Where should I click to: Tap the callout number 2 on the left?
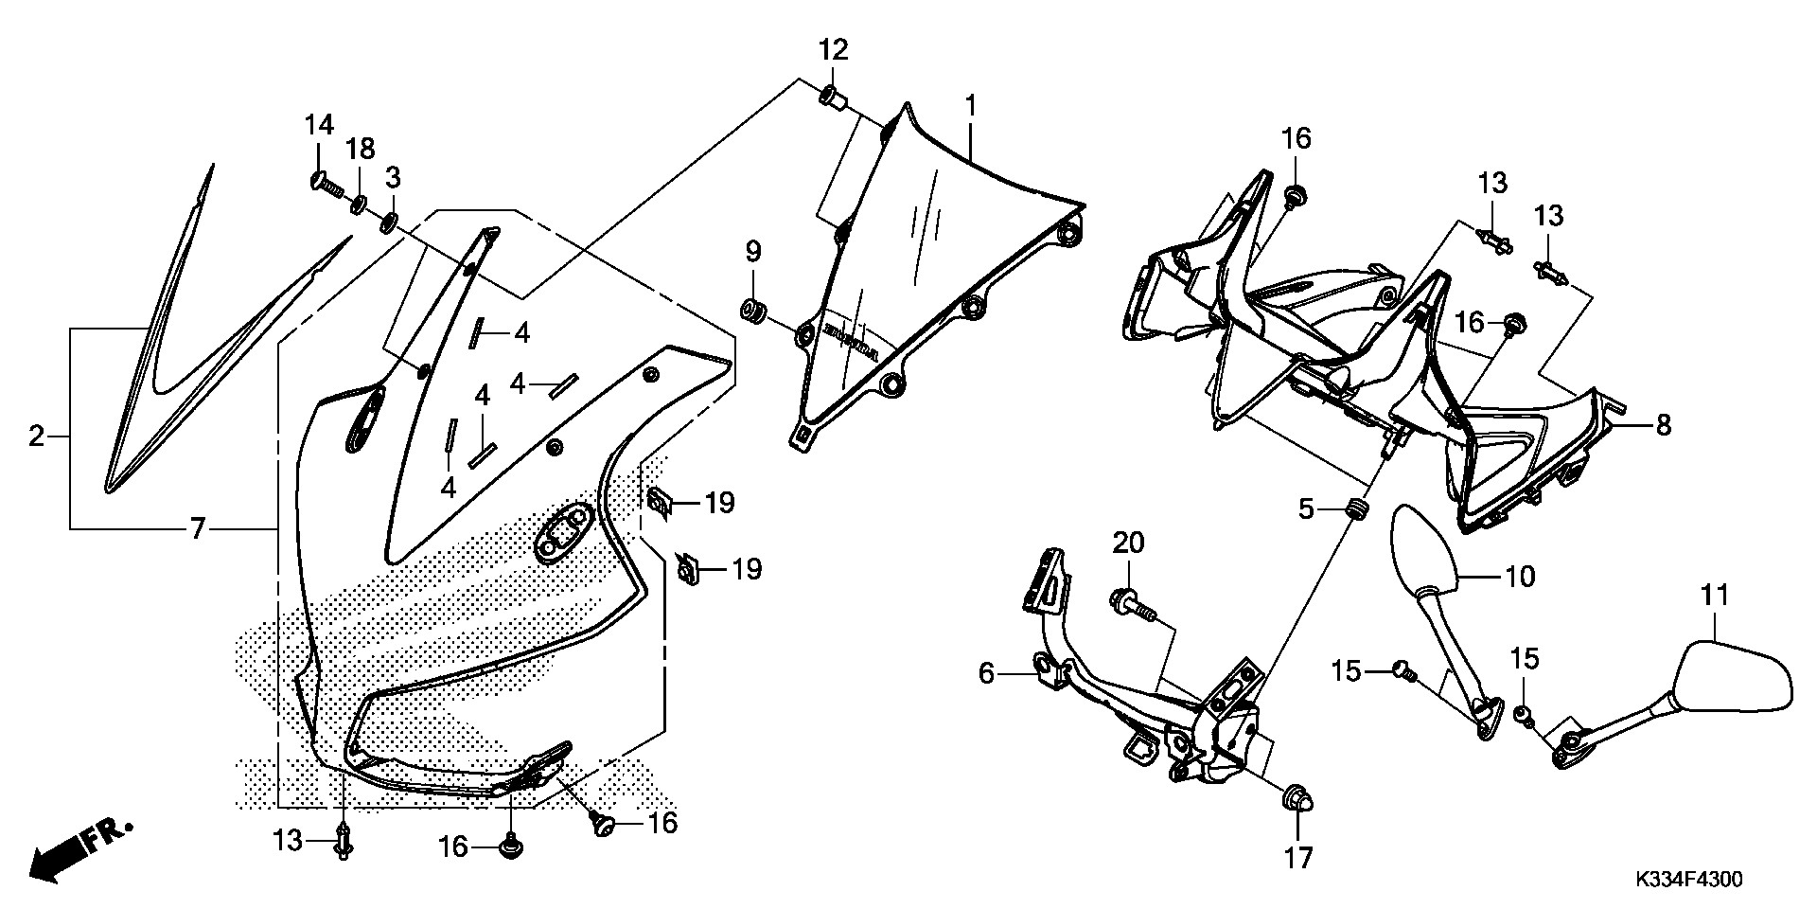click(36, 437)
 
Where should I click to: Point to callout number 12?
click(834, 49)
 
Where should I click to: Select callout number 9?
click(752, 251)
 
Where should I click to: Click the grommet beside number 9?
click(753, 309)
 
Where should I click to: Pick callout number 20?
click(1128, 544)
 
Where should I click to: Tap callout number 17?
click(1297, 858)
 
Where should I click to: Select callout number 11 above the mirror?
click(1714, 595)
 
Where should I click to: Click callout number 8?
click(1663, 425)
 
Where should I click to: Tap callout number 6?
click(986, 673)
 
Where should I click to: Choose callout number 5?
click(1306, 510)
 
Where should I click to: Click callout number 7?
click(197, 528)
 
